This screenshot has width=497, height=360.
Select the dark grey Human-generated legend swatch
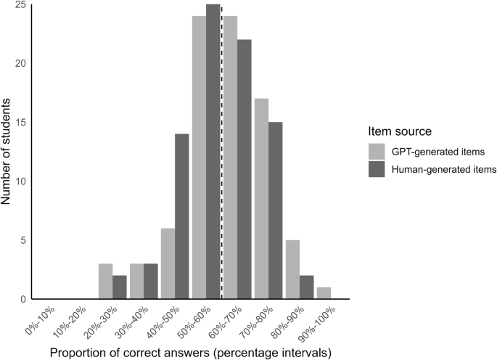pos(376,169)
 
